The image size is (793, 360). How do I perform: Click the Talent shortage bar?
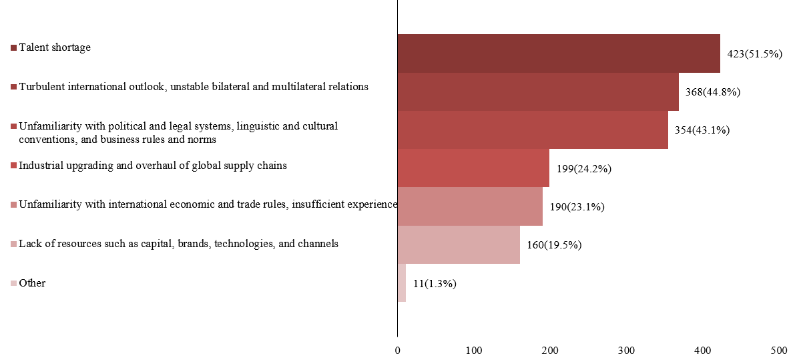click(x=559, y=53)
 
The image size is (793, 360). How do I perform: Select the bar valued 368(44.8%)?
click(x=538, y=92)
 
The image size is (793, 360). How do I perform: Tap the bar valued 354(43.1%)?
click(x=533, y=130)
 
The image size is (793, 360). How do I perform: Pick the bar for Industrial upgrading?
click(x=473, y=168)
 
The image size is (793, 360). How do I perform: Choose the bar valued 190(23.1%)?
click(x=470, y=206)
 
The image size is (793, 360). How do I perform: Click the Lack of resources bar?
click(x=459, y=244)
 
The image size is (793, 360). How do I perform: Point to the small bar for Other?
click(x=402, y=283)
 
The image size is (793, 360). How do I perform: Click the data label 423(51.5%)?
click(x=754, y=54)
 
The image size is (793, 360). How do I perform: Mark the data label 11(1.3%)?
click(x=434, y=284)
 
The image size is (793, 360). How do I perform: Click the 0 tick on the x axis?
click(x=398, y=350)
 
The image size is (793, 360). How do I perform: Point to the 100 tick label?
click(x=474, y=350)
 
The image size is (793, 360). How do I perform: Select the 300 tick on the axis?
click(x=626, y=350)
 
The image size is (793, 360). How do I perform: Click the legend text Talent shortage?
click(x=55, y=47)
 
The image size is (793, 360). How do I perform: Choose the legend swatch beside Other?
click(x=13, y=284)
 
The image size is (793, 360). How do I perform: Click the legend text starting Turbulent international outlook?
click(x=194, y=87)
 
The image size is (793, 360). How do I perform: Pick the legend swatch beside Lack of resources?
click(x=13, y=244)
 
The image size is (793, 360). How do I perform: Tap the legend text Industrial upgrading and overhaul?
click(x=153, y=165)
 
